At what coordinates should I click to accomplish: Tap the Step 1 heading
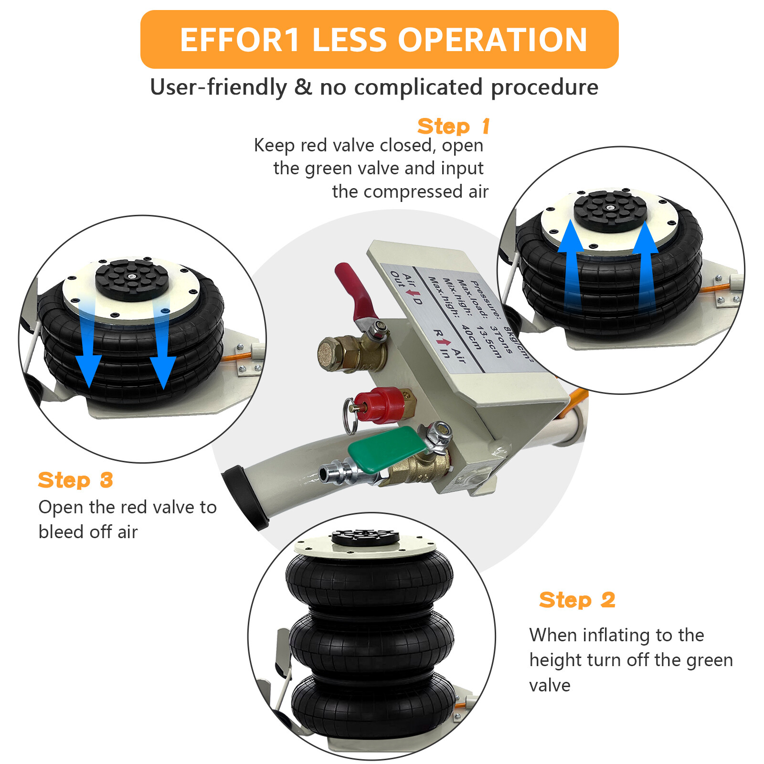(453, 127)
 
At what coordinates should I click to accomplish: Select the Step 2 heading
(577, 600)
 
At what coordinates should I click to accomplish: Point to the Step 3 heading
(75, 480)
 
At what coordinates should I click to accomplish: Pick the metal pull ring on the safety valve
(349, 416)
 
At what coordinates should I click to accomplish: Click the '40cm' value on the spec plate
(471, 337)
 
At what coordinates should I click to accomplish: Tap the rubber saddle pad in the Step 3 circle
(132, 279)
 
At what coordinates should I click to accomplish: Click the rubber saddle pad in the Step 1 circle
(610, 211)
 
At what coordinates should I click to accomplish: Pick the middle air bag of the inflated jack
(371, 640)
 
